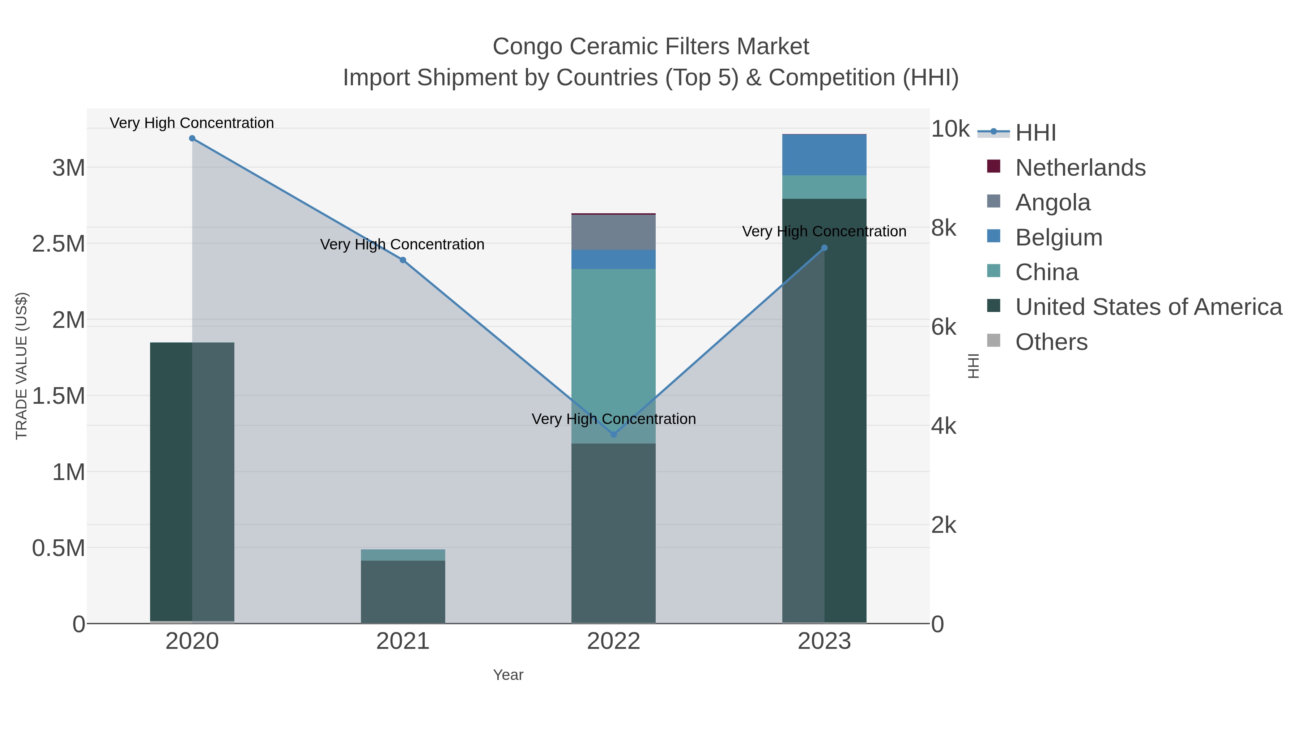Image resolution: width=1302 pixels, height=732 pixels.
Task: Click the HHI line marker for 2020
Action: point(192,138)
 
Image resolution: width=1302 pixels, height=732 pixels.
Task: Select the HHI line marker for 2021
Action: point(403,260)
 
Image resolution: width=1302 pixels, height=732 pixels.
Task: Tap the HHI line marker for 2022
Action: point(614,435)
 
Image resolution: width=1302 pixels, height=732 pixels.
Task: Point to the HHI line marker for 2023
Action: point(824,248)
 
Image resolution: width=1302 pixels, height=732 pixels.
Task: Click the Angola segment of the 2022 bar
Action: point(614,232)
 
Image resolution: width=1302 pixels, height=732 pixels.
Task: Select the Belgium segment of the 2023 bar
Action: point(824,155)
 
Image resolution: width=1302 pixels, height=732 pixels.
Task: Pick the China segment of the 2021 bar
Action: point(403,555)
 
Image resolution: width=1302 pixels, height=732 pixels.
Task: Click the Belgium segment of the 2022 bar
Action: point(614,259)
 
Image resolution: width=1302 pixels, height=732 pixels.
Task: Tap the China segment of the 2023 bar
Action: point(824,187)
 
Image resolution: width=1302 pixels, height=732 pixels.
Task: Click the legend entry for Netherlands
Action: point(1080,167)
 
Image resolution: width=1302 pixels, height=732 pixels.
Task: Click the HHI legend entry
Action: point(1035,132)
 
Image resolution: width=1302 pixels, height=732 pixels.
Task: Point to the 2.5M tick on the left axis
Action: point(59,244)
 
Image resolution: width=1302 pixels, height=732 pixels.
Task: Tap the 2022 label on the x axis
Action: point(614,642)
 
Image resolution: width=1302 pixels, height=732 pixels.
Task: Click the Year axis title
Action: point(508,675)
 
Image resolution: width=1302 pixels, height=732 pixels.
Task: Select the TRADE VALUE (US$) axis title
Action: point(21,366)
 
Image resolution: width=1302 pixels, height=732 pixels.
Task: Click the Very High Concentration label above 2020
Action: point(192,123)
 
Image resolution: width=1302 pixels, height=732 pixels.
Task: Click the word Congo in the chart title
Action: point(527,47)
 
